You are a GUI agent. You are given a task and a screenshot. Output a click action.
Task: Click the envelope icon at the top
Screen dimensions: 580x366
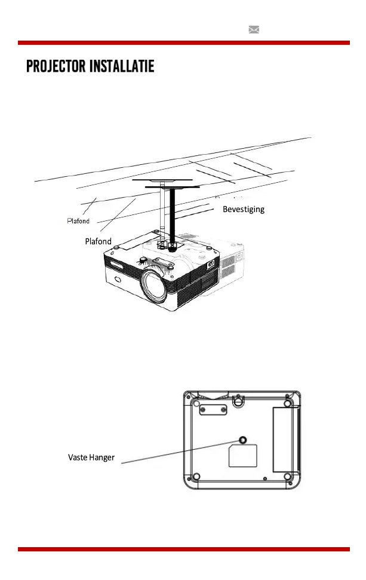(254, 30)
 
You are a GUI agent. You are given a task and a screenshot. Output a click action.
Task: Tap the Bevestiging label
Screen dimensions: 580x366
(243, 210)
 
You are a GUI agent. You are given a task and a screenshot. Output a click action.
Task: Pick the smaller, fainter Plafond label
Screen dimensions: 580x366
(78, 221)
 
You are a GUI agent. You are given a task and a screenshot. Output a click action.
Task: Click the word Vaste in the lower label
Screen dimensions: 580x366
(78, 458)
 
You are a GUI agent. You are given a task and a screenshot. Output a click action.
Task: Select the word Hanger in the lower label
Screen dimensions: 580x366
(102, 458)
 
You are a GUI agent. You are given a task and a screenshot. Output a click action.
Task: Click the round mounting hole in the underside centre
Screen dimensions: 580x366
(242, 441)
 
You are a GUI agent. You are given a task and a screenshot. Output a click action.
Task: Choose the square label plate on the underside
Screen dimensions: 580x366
(243, 456)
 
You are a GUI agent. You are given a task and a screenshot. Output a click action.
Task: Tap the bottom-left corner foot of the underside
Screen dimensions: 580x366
(198, 476)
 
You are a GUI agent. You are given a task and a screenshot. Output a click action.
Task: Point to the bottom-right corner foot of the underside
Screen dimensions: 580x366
(288, 477)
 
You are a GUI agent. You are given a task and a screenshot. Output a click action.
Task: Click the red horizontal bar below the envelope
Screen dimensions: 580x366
(183, 43)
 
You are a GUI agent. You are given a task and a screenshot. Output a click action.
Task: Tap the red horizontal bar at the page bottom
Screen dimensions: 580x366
(183, 549)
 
